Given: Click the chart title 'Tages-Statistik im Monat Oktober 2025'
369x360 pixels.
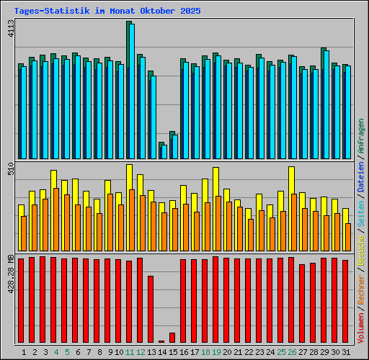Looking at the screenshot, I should click(107, 12).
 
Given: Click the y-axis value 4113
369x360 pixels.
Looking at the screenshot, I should click(9, 30).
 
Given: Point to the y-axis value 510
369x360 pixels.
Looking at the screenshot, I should click(9, 170).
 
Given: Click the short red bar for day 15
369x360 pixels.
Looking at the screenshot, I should click(172, 338).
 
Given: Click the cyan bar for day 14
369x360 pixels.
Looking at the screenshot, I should click(164, 152).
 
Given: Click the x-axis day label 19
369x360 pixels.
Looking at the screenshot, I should click(216, 352).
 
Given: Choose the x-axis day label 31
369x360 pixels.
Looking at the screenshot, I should click(346, 352).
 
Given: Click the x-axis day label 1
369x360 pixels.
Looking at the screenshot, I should click(25, 352).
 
